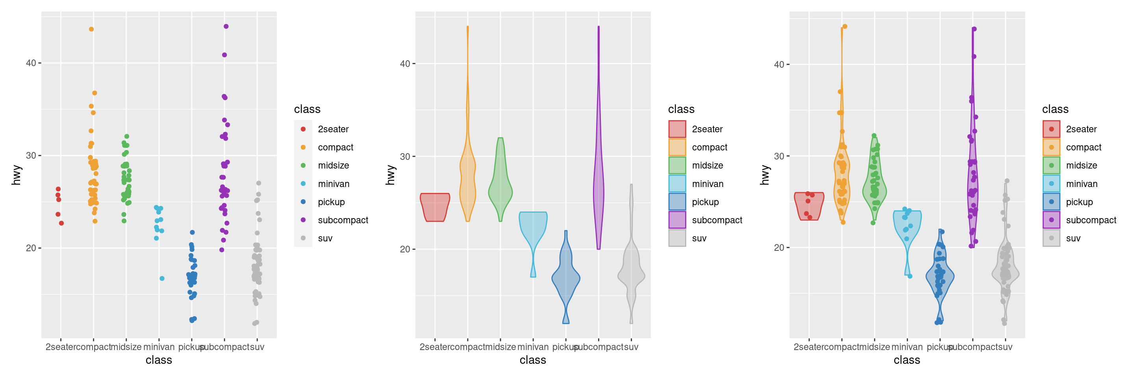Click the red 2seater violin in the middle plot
[435, 207]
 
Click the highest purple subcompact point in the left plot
[226, 26]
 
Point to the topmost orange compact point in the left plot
[91, 30]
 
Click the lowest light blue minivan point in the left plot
[162, 278]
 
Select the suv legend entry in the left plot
[325, 239]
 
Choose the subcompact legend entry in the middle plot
[717, 220]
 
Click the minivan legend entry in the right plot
[1082, 184]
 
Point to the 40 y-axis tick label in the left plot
[31, 63]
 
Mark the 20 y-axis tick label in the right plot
[779, 248]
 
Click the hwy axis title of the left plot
[17, 175]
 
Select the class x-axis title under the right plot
[907, 360]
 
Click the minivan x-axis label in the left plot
[159, 347]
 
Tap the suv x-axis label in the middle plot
[631, 347]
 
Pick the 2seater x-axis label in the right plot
[809, 347]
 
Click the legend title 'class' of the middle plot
[681, 109]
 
